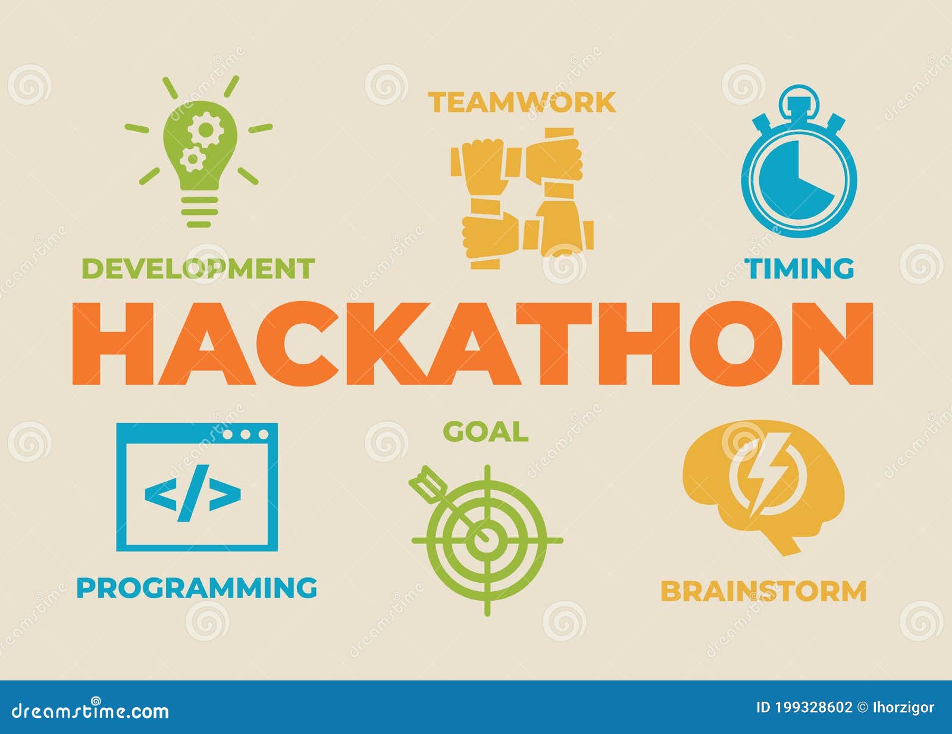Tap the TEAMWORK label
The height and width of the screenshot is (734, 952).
[x=522, y=102]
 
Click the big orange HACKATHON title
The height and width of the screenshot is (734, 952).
[x=472, y=343]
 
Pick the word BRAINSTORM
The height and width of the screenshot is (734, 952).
[x=764, y=591]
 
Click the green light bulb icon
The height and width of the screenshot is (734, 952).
[x=199, y=152]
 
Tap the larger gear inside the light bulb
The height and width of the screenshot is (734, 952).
[x=205, y=129]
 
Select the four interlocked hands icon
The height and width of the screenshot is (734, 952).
[x=522, y=198]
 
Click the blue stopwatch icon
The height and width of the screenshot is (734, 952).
[x=799, y=161]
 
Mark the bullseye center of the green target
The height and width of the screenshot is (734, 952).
[x=487, y=535]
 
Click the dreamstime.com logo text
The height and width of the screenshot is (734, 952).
[x=90, y=711]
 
